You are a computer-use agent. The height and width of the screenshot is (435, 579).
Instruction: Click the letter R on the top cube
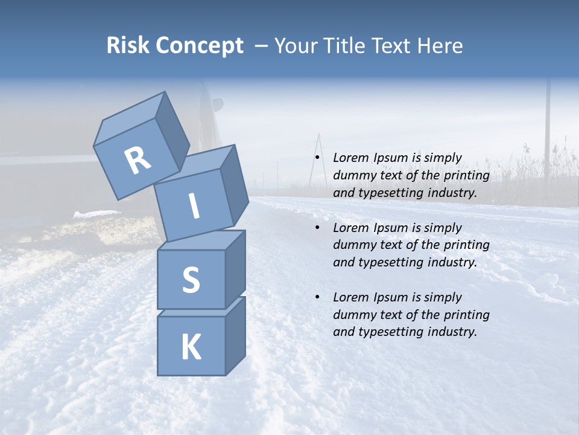click(x=138, y=161)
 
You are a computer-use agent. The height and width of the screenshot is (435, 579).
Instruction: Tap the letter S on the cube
click(x=191, y=280)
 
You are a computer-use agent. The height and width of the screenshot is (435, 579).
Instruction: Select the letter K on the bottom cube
click(x=191, y=347)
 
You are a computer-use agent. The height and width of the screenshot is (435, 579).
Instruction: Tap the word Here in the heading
click(x=440, y=45)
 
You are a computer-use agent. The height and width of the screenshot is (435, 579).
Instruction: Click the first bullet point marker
click(x=317, y=158)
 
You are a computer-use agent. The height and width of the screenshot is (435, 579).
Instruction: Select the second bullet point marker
click(x=317, y=228)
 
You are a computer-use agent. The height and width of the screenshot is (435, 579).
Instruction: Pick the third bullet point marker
click(x=317, y=297)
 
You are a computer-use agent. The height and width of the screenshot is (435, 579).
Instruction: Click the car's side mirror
click(x=217, y=106)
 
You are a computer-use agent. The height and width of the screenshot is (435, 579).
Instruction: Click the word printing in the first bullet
click(x=467, y=175)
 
